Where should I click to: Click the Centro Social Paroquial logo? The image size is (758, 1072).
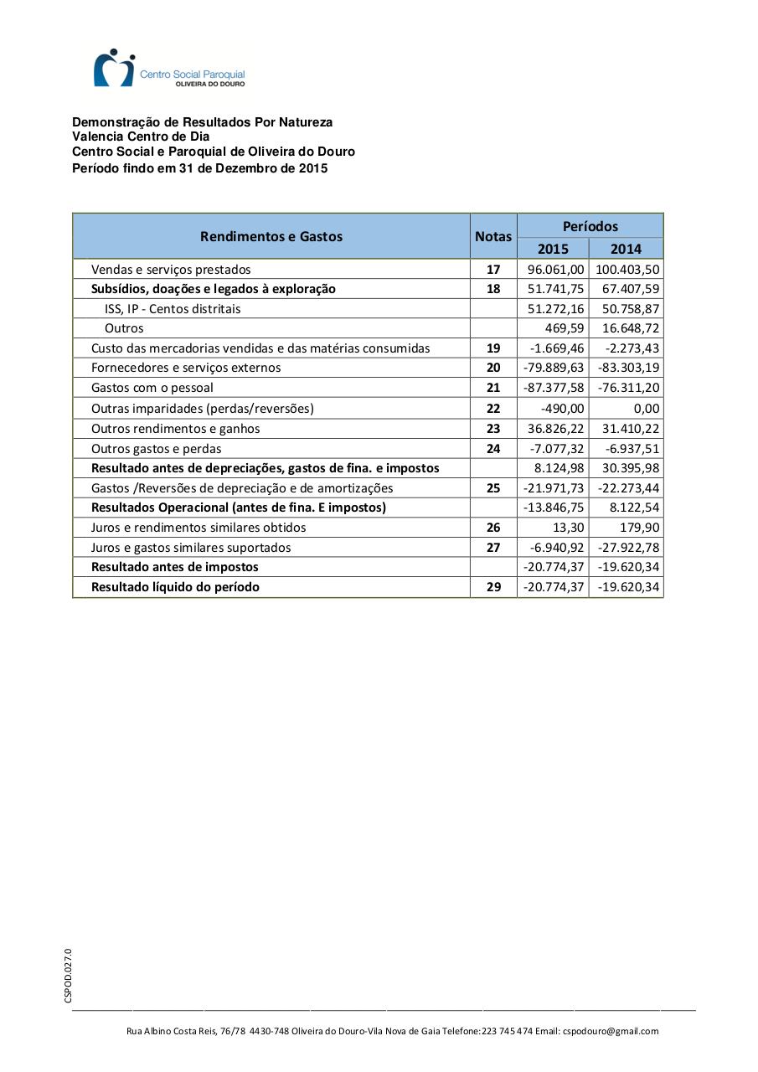168,68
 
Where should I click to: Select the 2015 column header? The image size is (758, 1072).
553,248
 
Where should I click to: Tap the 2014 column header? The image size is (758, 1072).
626,248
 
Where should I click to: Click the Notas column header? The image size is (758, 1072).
493,236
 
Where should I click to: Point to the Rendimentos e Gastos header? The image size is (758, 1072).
271,236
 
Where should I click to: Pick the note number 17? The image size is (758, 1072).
493,269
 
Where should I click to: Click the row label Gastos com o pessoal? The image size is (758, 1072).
152,388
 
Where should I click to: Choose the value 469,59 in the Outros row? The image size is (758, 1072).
565,328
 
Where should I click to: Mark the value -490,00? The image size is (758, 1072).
563,408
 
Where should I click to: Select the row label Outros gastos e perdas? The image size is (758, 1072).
157,448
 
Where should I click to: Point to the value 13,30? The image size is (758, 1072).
569,527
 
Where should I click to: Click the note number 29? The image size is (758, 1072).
493,586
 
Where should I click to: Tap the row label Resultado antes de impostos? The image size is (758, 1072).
175,567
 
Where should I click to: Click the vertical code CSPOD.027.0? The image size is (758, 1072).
69,975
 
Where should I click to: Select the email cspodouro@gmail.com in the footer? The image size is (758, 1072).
611,1031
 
